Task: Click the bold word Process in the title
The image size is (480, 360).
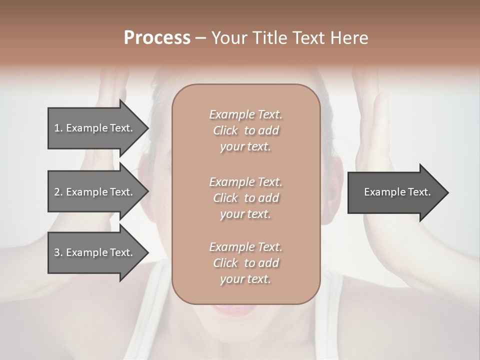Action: click(157, 37)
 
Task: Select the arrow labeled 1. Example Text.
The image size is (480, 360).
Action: click(95, 128)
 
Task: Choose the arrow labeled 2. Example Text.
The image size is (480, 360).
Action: click(95, 192)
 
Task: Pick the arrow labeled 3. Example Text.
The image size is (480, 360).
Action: click(95, 252)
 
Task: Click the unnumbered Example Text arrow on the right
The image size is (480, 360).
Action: click(395, 192)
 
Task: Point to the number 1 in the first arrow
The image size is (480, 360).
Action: click(56, 128)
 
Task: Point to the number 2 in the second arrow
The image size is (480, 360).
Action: click(56, 192)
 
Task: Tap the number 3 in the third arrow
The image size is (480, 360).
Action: click(56, 252)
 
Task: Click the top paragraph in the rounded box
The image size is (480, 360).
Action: click(245, 130)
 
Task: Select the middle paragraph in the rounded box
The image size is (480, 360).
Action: click(245, 198)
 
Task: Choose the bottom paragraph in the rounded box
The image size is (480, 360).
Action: click(245, 263)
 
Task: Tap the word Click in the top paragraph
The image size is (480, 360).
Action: click(225, 130)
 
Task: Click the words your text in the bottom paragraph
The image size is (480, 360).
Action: click(245, 279)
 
